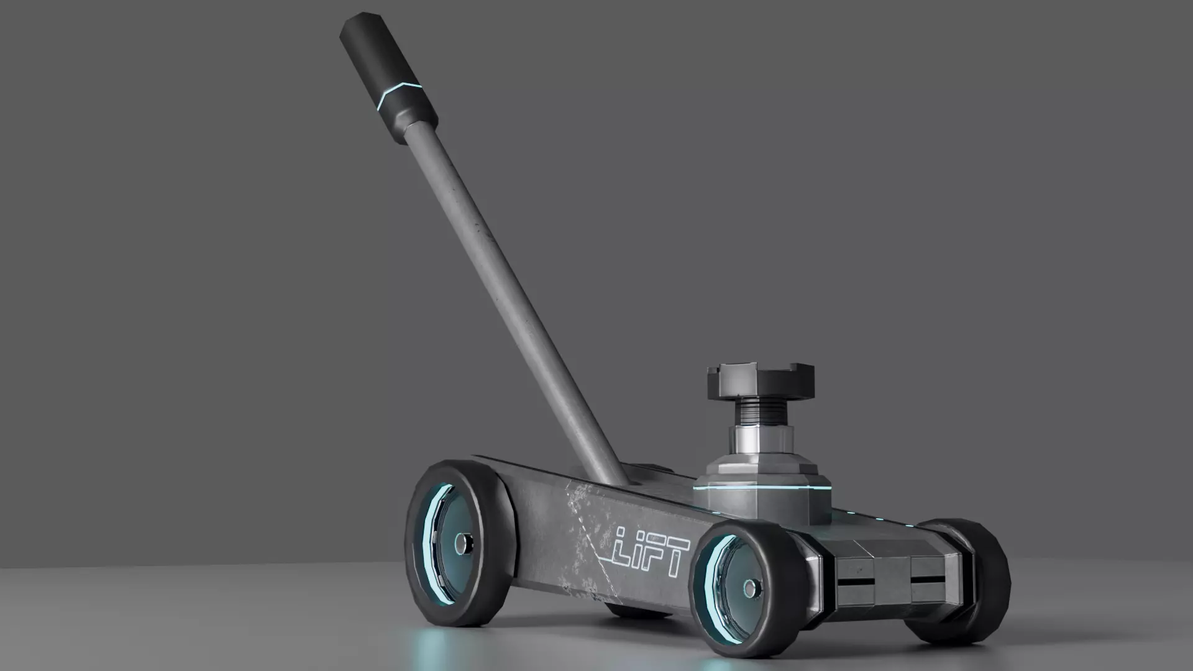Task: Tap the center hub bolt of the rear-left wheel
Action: pos(462,544)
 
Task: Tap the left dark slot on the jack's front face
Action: pos(857,583)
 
